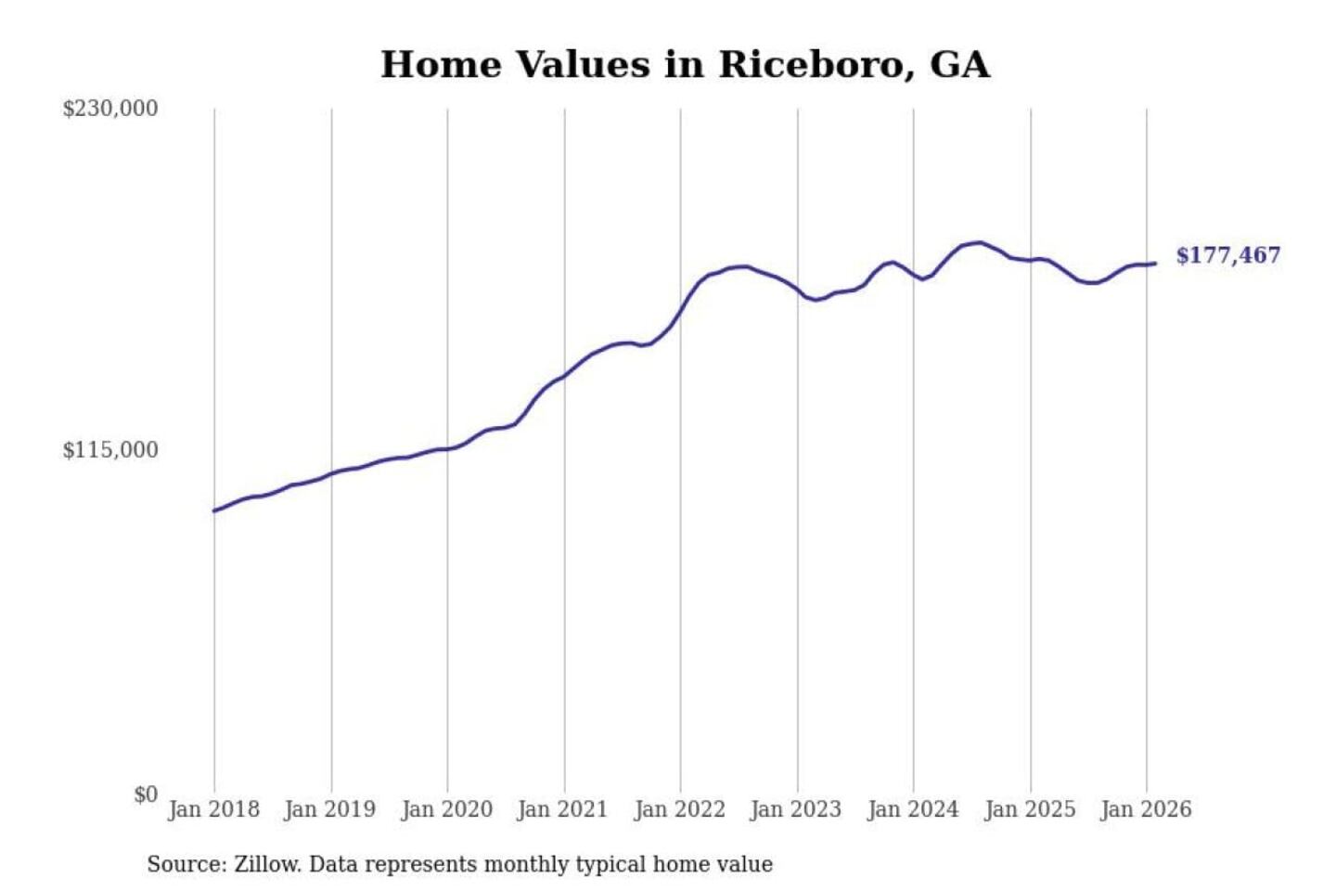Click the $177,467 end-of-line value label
(1227, 255)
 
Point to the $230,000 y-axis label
(110, 109)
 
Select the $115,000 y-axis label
(110, 450)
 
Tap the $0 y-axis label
(145, 794)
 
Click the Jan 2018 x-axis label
(213, 809)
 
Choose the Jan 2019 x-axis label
(329, 809)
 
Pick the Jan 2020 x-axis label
(446, 809)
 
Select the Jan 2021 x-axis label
(562, 809)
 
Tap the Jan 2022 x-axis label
(679, 809)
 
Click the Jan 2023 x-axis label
(795, 809)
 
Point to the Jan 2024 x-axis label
(912, 809)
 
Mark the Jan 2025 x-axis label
(1029, 809)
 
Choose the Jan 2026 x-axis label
(1145, 809)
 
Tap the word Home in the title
(441, 65)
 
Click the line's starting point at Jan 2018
(214, 510)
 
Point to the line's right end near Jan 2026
(1155, 264)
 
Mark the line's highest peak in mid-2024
(979, 242)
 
